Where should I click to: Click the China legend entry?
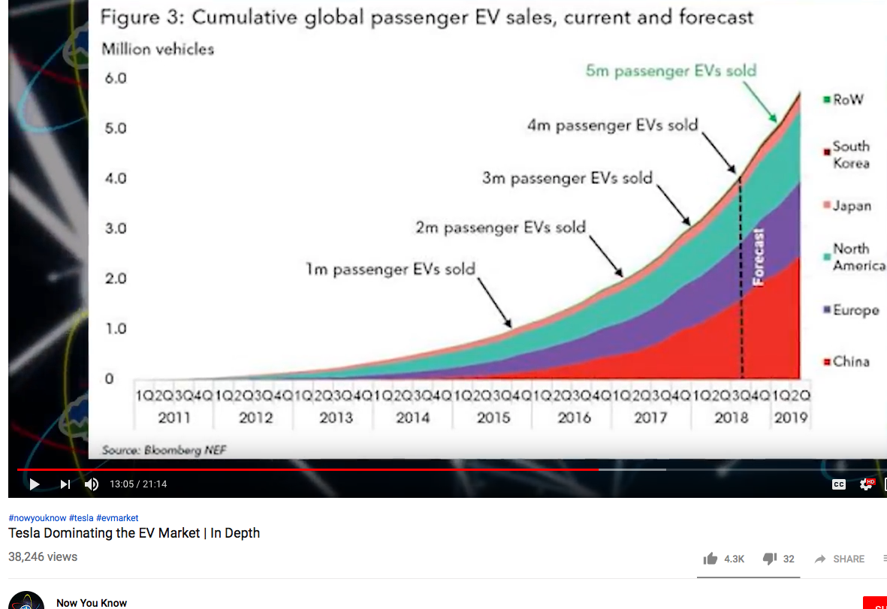(x=850, y=362)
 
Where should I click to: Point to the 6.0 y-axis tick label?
(x=115, y=78)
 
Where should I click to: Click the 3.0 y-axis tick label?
(x=115, y=228)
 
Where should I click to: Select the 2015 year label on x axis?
(x=493, y=418)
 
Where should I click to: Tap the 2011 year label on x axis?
(x=173, y=418)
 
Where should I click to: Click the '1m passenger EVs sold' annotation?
(x=390, y=269)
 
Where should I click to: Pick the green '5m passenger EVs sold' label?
(x=671, y=71)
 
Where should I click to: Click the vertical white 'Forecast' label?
(x=759, y=257)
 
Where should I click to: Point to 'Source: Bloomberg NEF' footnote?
(x=164, y=450)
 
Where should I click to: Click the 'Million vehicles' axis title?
(x=158, y=49)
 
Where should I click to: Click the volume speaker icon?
(x=92, y=484)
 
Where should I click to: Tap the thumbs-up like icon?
(x=710, y=559)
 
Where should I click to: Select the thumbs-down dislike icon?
(x=769, y=559)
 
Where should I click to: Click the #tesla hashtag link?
(x=81, y=518)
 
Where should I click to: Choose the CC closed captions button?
(x=839, y=484)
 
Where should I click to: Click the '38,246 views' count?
(x=43, y=557)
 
